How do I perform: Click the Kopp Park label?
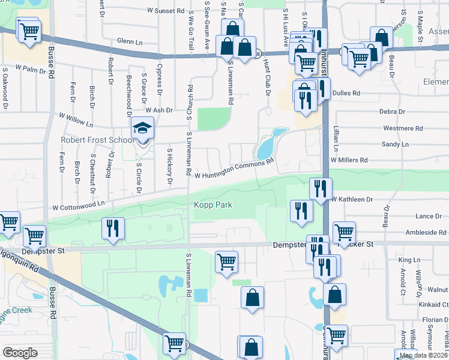[212, 205]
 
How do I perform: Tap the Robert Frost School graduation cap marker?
[143, 128]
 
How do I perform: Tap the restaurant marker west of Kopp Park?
[113, 228]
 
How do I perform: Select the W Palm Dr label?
[28, 70]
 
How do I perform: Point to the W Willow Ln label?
[77, 121]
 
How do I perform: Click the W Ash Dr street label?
[158, 110]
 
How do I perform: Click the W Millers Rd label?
[349, 160]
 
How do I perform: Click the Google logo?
[20, 352]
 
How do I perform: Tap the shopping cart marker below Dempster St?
[226, 261]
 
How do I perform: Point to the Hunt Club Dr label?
[266, 80]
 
